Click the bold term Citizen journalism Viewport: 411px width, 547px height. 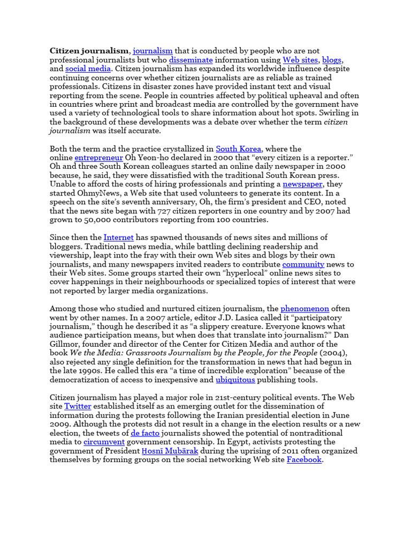pos(89,51)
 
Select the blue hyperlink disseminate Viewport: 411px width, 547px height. pos(191,60)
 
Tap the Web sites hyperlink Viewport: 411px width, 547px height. pos(300,60)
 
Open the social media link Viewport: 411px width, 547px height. pos(88,69)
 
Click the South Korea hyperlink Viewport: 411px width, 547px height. pos(239,149)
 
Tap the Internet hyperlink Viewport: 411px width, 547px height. pos(118,237)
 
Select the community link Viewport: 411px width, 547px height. pos(303,264)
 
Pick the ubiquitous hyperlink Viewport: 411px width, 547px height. pos(235,379)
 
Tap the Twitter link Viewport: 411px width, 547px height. pos(78,406)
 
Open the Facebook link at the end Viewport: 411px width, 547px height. pos(304,459)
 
